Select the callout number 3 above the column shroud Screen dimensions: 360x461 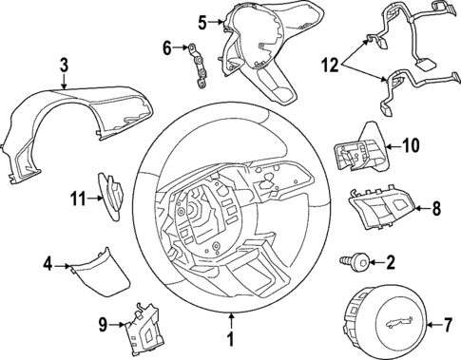(x=63, y=66)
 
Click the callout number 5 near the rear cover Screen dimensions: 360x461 (x=202, y=21)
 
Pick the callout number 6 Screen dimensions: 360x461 (x=167, y=47)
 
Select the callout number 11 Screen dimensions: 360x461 (x=78, y=198)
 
